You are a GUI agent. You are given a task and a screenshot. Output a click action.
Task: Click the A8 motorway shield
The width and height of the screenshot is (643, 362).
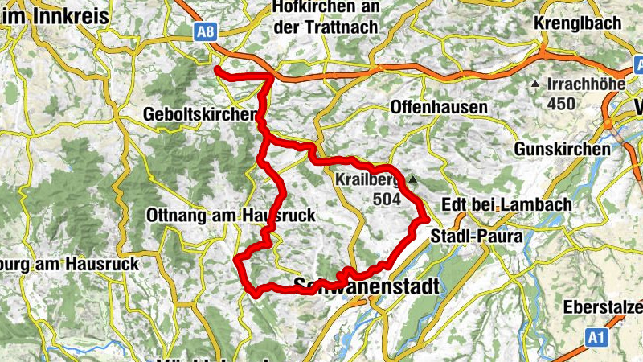coord(204,30)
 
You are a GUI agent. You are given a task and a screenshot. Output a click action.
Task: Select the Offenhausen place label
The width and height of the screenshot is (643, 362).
coord(439,107)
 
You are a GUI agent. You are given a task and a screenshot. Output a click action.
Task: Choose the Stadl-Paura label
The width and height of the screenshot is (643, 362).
coord(477,237)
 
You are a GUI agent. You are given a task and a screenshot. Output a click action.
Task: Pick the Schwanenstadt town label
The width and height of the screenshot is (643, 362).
coord(367,286)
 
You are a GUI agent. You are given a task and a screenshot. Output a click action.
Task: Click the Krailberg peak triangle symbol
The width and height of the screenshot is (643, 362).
coord(413,179)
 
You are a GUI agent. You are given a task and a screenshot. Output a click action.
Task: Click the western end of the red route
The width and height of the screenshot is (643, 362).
coord(217,71)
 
